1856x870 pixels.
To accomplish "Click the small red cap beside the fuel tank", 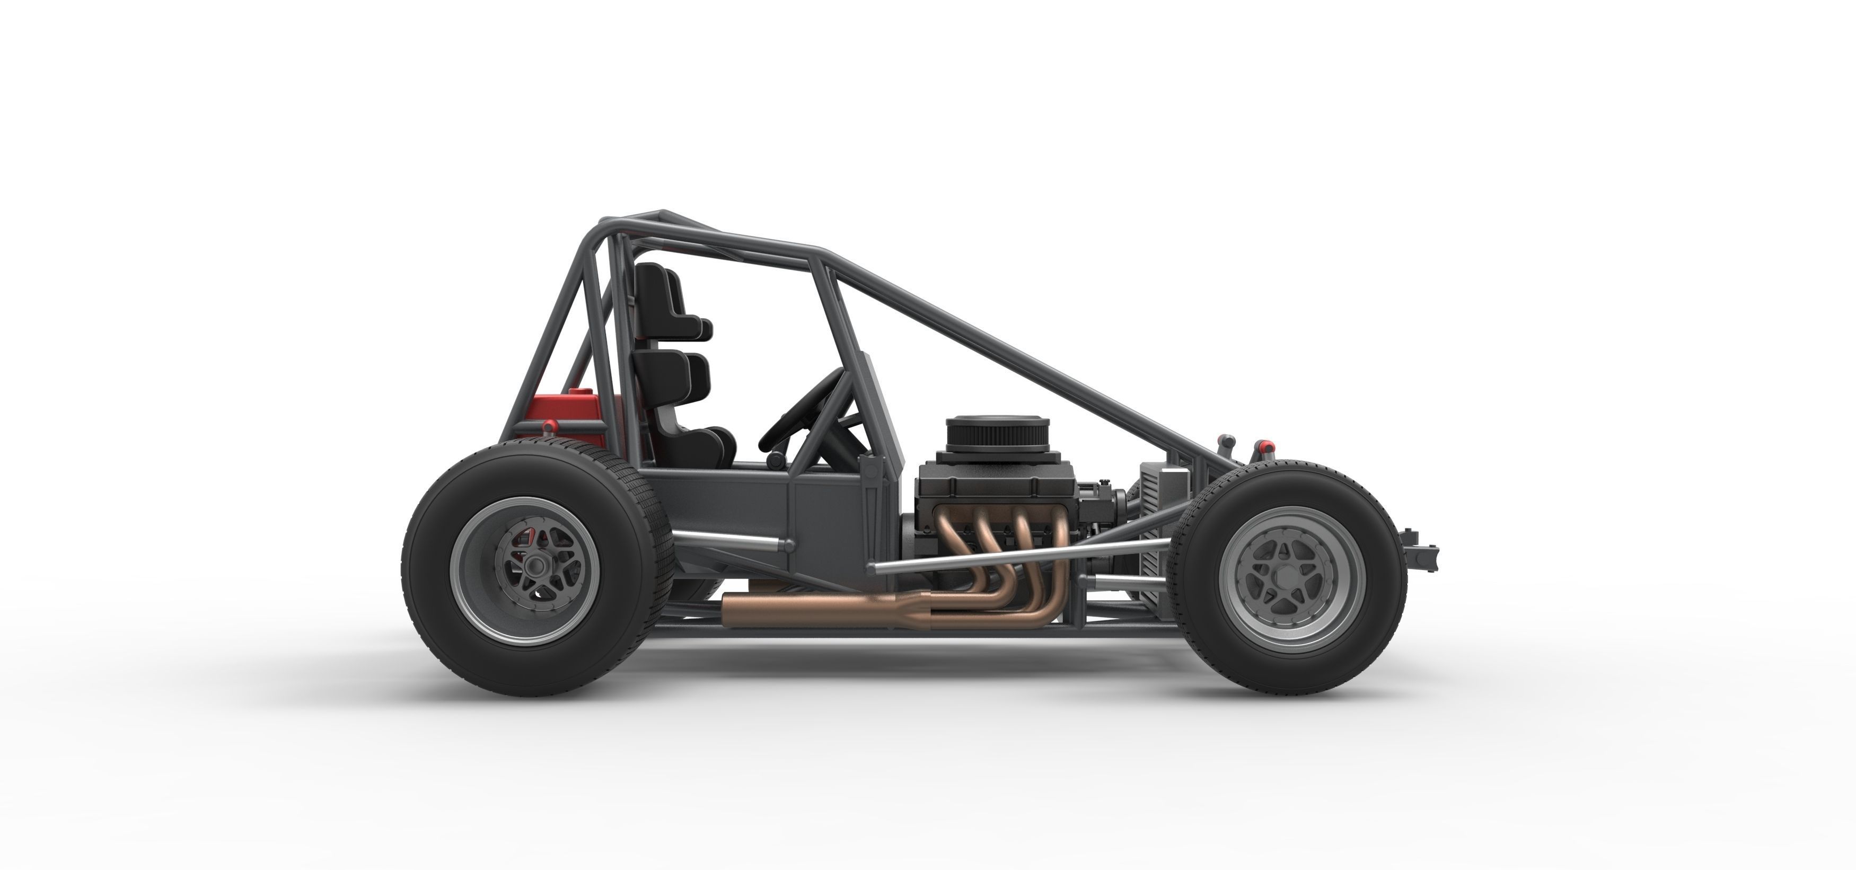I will tap(548, 427).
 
